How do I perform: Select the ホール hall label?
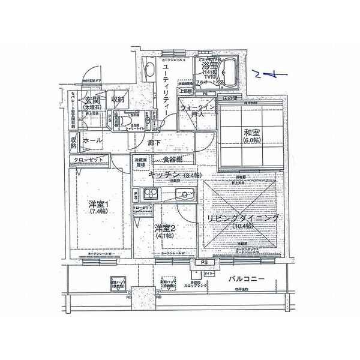coord(92,140)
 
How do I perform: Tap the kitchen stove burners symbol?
coord(148,194)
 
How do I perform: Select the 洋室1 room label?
coord(98,203)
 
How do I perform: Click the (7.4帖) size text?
coord(98,212)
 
